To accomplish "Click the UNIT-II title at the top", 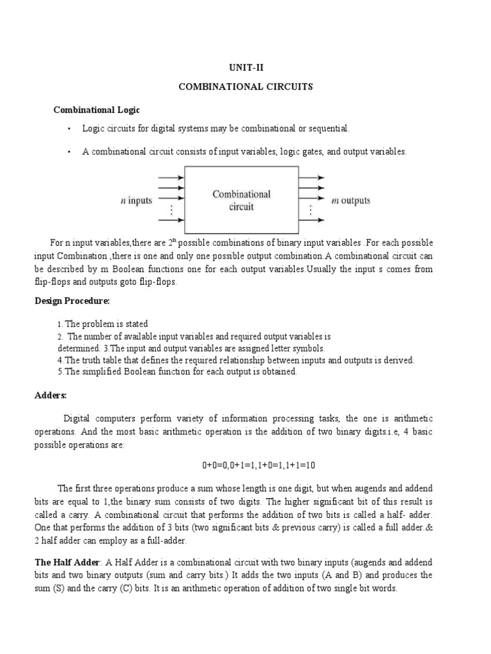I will coord(245,66).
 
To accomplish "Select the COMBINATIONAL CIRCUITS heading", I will coord(245,87).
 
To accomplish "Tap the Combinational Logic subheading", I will coord(96,110).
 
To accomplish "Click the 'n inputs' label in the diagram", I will coord(136,201).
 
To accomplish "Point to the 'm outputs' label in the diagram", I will coord(350,201).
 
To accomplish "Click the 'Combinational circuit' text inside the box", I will coord(242,200).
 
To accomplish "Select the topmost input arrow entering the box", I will coord(170,178).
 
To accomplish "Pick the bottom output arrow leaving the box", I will coord(312,220).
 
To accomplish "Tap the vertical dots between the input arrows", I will coord(169,209).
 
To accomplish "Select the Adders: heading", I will coord(51,395).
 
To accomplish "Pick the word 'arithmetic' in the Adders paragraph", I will coord(412,419).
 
